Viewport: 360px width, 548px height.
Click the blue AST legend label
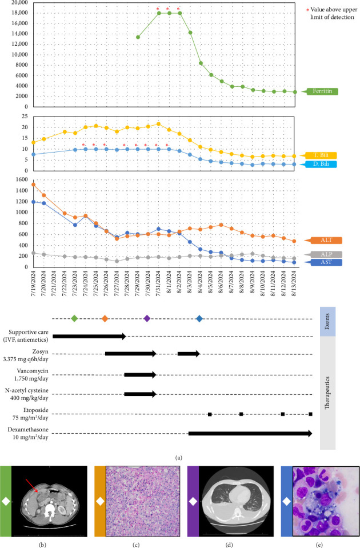pos(326,262)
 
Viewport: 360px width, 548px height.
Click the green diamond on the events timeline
pos(74,318)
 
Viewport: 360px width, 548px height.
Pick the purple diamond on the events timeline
pos(147,318)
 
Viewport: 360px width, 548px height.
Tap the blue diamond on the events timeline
pos(199,318)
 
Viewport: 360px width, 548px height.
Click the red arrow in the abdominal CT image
pos(33,486)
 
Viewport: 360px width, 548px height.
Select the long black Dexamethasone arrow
pos(250,433)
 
